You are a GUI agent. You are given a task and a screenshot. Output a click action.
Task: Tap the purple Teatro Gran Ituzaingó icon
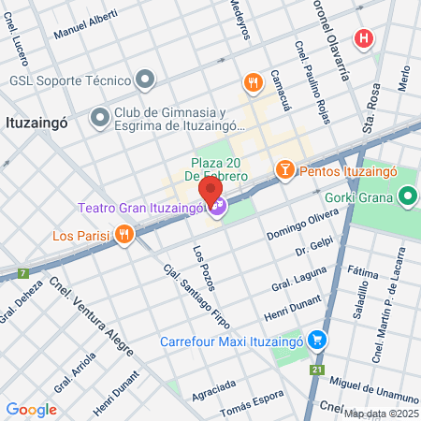point(217,206)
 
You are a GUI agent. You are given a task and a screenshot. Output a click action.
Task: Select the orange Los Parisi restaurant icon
point(123,235)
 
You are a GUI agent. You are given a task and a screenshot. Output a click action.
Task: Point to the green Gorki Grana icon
point(406,197)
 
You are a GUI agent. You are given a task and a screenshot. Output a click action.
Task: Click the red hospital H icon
point(362,38)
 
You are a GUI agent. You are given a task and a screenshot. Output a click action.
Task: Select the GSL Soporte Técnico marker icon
point(143,80)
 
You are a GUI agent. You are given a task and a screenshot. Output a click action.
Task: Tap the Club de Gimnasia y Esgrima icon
point(100,117)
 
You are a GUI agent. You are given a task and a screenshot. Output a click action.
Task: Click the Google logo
point(31,409)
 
